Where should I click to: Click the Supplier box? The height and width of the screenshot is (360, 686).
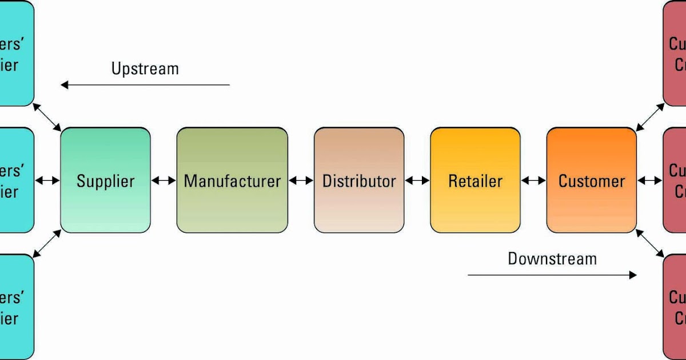click(x=105, y=181)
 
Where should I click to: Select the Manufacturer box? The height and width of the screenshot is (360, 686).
click(x=232, y=181)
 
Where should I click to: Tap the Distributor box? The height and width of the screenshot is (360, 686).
click(x=359, y=181)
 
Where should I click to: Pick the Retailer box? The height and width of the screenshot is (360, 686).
click(x=475, y=181)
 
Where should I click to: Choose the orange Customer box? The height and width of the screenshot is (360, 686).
click(x=591, y=181)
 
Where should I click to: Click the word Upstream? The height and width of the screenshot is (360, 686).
click(x=145, y=69)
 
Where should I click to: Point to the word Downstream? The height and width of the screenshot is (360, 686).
click(x=552, y=259)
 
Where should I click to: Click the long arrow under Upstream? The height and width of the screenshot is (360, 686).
click(x=145, y=85)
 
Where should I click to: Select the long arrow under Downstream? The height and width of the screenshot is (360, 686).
click(x=552, y=275)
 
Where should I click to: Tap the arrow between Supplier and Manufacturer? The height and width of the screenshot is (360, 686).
click(x=163, y=181)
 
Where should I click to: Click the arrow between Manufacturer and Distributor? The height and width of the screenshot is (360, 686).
click(x=301, y=181)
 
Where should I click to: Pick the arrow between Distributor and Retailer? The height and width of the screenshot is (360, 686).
click(x=417, y=181)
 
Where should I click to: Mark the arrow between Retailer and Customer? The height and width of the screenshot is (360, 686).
click(x=533, y=181)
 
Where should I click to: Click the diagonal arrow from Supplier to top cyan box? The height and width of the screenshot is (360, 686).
click(x=47, y=117)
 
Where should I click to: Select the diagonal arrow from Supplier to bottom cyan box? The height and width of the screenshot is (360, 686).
click(x=47, y=243)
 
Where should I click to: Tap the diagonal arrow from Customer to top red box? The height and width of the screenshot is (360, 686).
click(x=650, y=117)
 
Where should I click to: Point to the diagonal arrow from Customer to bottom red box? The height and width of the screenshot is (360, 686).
click(x=650, y=243)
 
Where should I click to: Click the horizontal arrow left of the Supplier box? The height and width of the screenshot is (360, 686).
click(x=47, y=181)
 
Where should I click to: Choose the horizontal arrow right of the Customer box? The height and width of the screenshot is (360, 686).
click(x=650, y=181)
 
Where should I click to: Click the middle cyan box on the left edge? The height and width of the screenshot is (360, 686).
click(x=16, y=181)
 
